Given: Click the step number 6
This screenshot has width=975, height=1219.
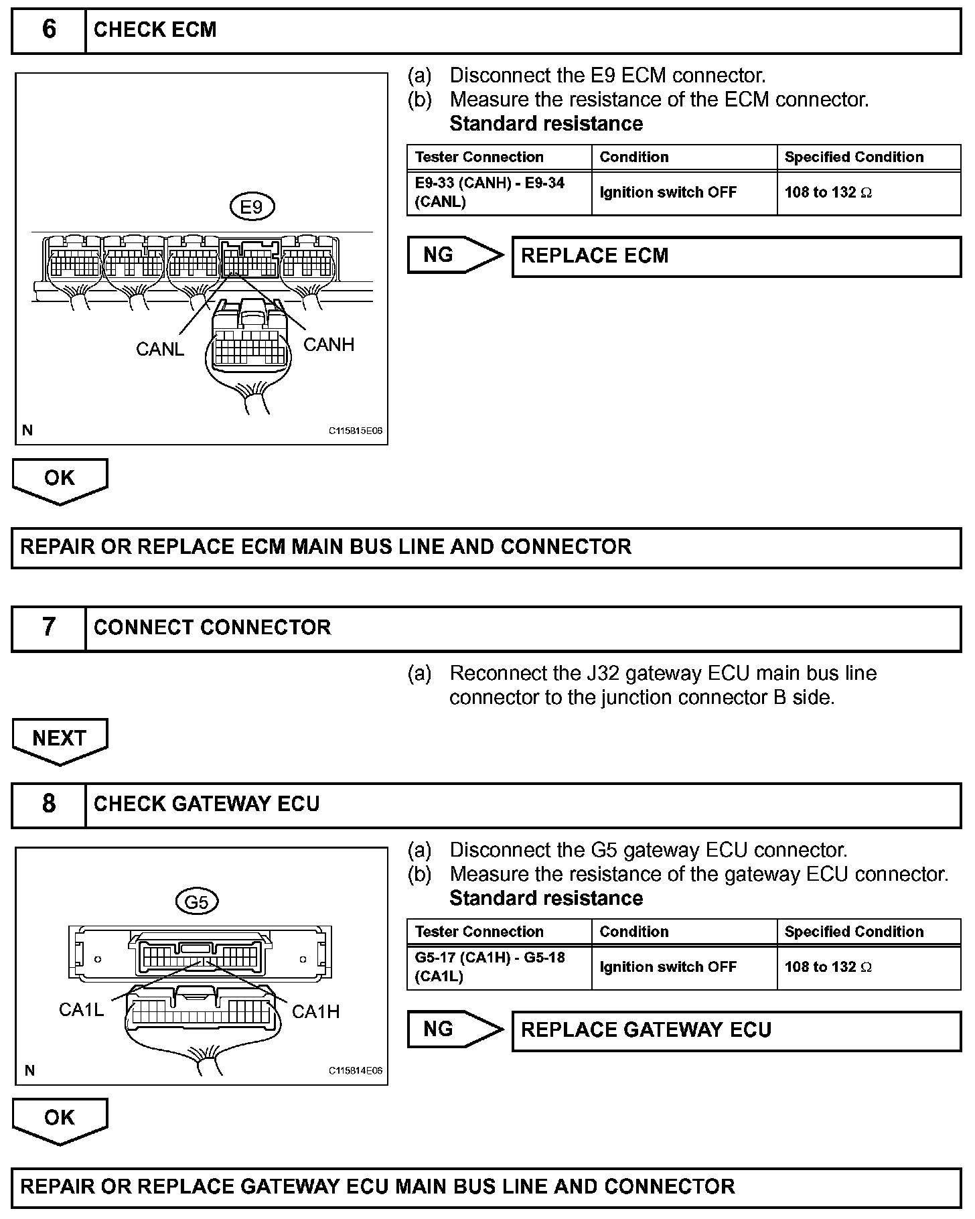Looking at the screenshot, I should (49, 30).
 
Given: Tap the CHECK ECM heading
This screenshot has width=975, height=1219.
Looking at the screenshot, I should (155, 30).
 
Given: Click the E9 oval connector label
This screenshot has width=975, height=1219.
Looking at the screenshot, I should (251, 207).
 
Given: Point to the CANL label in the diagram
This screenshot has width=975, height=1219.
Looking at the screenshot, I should (159, 349).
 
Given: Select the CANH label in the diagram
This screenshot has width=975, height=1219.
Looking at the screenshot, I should (329, 344).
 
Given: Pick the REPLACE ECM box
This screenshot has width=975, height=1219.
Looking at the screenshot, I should (736, 257).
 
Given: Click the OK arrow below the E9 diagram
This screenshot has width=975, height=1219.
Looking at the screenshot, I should (60, 480).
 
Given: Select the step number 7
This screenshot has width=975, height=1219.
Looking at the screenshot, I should (49, 628).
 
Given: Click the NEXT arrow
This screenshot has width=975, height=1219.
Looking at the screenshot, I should (60, 740).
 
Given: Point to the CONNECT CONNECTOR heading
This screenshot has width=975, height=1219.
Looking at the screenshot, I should (212, 628).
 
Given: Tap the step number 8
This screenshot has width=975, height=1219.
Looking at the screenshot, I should (49, 804).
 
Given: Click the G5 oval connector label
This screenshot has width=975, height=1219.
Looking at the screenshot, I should (196, 902).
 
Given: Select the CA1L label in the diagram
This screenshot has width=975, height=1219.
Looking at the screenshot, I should (81, 1009).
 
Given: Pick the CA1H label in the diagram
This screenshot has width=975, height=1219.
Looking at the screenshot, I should (315, 1011).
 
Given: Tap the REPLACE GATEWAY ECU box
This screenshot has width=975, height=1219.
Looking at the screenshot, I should (736, 1030).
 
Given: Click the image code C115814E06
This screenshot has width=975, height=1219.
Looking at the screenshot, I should (355, 1071).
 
